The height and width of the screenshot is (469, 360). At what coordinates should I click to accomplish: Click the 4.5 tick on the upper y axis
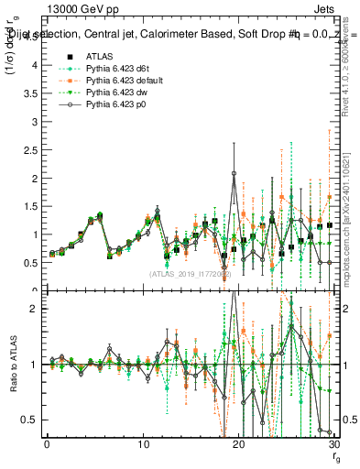(31, 65)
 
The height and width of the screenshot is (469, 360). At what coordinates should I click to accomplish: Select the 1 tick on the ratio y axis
(35, 365)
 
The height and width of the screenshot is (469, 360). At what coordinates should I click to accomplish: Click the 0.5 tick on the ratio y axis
(31, 420)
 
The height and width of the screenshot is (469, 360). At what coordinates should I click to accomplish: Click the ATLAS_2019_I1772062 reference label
(191, 274)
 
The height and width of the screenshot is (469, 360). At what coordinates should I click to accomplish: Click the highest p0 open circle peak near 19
(235, 173)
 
